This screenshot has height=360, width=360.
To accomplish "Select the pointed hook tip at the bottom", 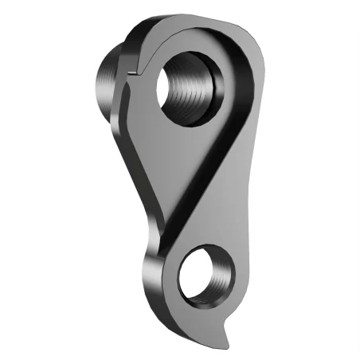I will [x=228, y=338].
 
